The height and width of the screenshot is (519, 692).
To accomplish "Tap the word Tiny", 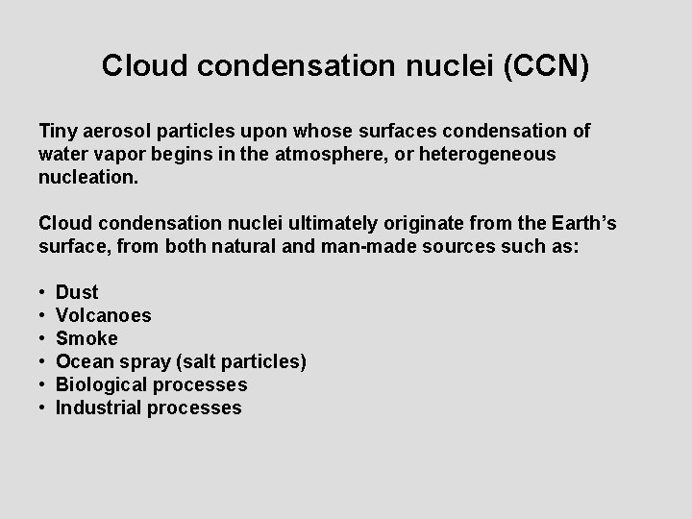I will click(58, 131).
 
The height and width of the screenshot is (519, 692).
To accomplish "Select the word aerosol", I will click(117, 131).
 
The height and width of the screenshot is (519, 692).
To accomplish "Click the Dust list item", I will click(77, 292).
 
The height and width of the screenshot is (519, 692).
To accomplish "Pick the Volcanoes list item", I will click(104, 315).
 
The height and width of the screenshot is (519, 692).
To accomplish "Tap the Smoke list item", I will click(86, 338).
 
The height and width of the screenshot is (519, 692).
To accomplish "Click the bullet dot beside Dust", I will click(43, 292).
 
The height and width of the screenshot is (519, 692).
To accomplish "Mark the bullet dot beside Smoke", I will click(43, 338).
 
